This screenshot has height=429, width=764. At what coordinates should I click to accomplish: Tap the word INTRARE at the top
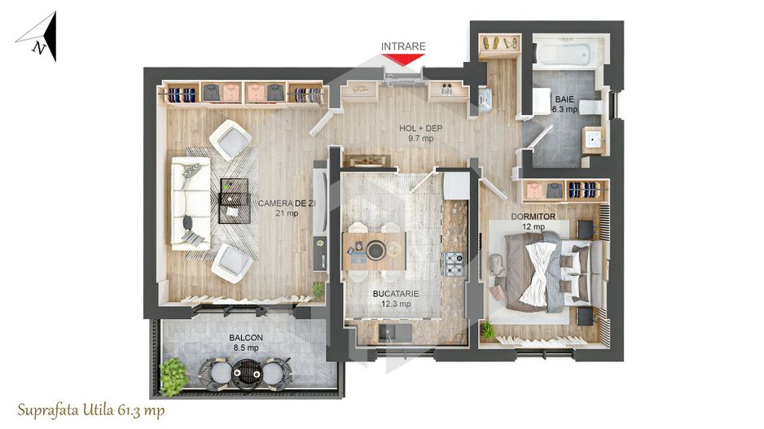click(x=403, y=46)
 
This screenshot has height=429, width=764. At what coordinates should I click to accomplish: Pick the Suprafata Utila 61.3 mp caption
click(x=90, y=410)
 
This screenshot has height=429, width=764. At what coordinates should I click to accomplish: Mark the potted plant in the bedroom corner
click(x=488, y=330)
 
